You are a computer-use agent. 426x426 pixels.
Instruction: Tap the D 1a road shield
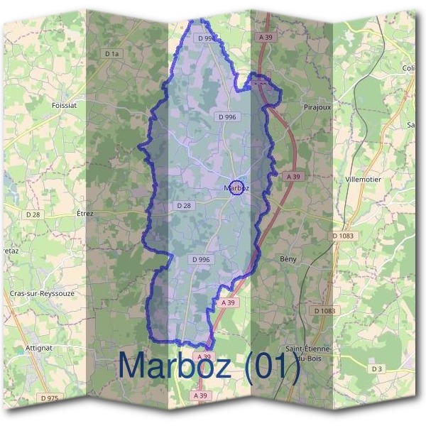111,53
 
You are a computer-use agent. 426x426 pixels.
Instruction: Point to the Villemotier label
363,180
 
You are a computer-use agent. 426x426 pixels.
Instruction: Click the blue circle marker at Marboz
237,187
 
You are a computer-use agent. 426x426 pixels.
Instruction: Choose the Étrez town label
84,213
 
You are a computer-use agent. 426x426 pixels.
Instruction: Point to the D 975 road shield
50,398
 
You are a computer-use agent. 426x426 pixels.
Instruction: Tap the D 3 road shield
377,368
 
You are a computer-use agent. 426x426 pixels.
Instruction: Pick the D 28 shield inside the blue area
183,205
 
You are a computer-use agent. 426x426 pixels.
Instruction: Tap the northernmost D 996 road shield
206,38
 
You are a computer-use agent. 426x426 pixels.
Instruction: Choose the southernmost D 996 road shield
201,260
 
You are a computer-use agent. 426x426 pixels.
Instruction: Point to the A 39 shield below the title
201,395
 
